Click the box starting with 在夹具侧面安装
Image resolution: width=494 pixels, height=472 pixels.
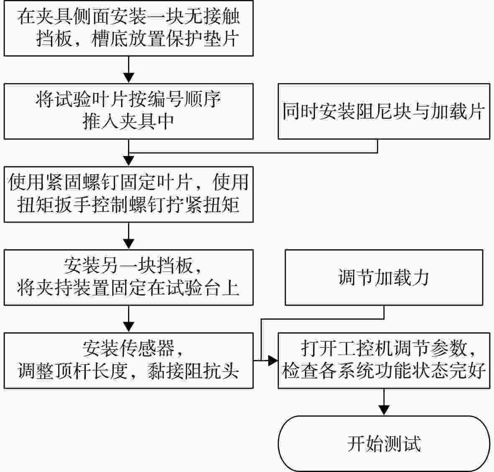pos(128,28)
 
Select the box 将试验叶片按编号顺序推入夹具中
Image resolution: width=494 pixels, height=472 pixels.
pos(128,111)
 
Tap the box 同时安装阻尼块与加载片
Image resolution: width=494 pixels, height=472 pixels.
pos(384,111)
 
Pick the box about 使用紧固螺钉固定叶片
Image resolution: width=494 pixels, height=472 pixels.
pos(128,194)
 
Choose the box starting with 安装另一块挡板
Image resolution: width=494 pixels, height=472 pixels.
pos(128,278)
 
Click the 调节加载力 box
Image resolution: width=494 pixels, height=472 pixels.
pos(384,278)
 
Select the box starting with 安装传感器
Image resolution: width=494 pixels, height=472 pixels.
pos(128,361)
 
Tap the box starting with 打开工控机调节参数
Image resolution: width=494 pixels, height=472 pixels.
pos(384,361)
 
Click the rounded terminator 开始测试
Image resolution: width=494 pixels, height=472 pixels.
pos(384,444)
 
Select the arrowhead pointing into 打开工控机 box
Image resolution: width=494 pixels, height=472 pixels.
pos(273,360)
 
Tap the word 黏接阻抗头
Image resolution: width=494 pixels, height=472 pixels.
pos(192,371)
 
